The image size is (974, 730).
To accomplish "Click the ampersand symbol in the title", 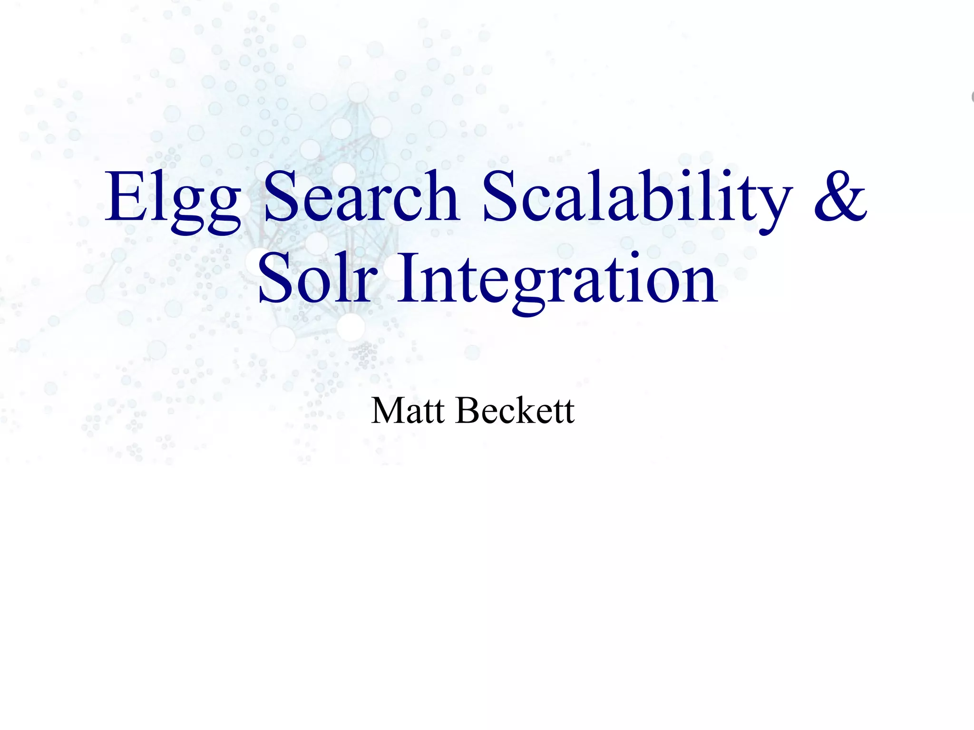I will pos(840,196).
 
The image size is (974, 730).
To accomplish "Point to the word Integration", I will pos(556,281).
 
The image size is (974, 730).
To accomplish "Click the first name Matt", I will pos(408,410).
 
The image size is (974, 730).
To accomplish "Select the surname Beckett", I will pos(515,410).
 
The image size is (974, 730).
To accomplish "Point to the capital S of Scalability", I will pos(499,196).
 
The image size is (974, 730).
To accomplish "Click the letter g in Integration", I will pos(527,290).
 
